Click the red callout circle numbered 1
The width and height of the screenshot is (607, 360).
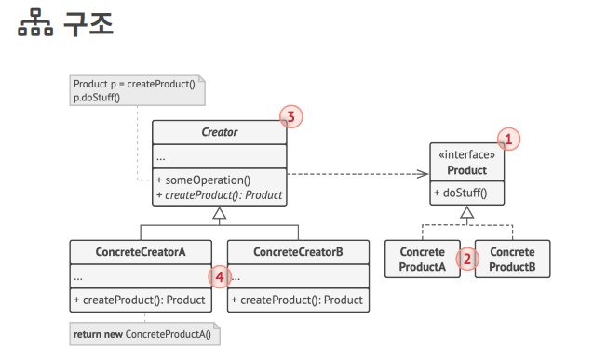click(x=508, y=140)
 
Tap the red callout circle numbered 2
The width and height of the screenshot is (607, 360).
click(x=467, y=259)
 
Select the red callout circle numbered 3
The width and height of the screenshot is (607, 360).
click(x=291, y=117)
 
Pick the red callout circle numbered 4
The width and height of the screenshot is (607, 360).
click(x=220, y=277)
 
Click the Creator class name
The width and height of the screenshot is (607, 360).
click(x=220, y=132)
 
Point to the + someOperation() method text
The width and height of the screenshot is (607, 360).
click(x=203, y=180)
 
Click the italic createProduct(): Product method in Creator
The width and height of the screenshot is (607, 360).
click(x=219, y=195)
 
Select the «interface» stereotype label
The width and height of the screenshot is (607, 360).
click(x=466, y=154)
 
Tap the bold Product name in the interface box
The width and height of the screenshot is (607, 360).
click(x=466, y=170)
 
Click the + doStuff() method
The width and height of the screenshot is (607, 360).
click(x=460, y=193)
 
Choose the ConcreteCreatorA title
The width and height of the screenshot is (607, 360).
click(x=141, y=252)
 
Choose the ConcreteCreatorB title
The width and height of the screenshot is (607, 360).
click(x=298, y=252)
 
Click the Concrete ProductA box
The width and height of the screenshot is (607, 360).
click(x=423, y=260)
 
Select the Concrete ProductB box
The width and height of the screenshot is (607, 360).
click(x=512, y=260)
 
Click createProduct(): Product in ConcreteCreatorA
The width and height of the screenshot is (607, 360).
click(x=140, y=300)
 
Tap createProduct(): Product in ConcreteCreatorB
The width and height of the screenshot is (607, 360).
click(x=297, y=300)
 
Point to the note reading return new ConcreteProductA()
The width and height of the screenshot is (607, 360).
click(x=145, y=334)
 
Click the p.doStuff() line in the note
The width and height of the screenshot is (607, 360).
click(x=97, y=98)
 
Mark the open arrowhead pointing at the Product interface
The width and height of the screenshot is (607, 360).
click(x=423, y=174)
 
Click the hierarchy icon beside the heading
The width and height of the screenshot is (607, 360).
click(x=35, y=23)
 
